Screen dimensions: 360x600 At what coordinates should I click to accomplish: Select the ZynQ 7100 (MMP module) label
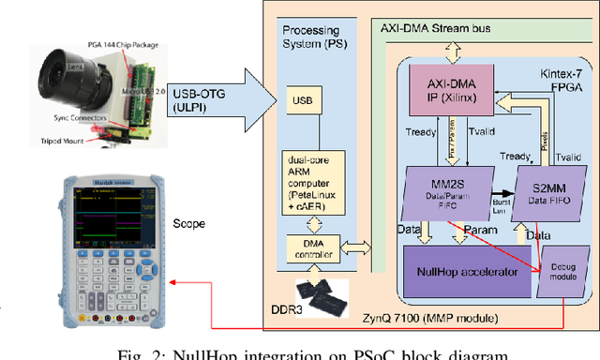426,321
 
